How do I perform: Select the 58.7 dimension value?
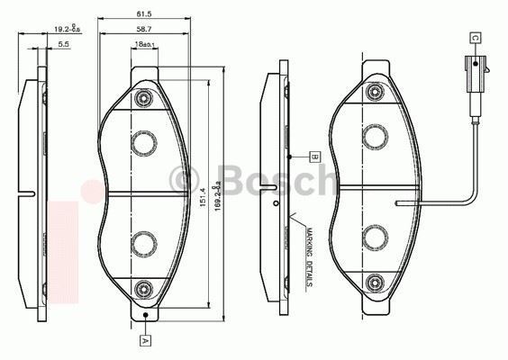point(144,30)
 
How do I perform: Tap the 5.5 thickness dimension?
point(64,43)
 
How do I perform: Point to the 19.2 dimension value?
point(65,29)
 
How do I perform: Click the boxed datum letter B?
point(314,155)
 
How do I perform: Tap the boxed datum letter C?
point(474,37)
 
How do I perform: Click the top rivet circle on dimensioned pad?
point(144,97)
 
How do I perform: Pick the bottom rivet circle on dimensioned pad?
point(144,288)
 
